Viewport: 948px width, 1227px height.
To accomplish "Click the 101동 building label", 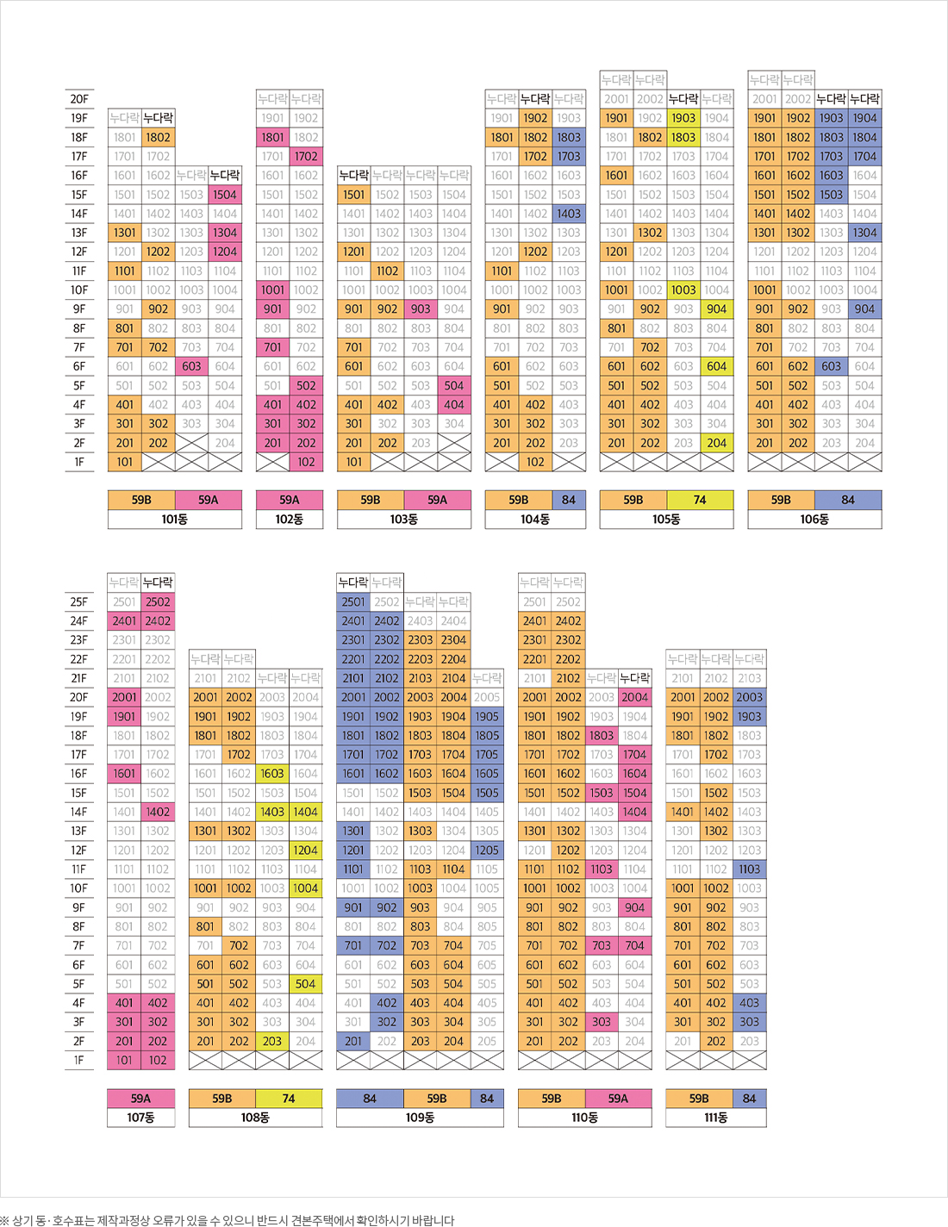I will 174,520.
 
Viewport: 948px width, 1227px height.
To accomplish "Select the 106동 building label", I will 814,520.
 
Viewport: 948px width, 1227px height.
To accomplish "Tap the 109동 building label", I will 420,1118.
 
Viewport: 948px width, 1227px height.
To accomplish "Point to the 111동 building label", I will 715,1118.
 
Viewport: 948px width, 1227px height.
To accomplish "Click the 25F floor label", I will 78,602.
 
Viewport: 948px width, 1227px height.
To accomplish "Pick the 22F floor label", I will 78,659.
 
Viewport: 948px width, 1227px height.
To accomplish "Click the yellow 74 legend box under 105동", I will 700,500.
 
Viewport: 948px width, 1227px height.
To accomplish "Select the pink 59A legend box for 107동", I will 140,1099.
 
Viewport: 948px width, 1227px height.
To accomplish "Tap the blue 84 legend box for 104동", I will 569,500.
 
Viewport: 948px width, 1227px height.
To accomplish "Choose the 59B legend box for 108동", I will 222,1099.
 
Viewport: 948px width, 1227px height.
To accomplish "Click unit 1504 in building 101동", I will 225,195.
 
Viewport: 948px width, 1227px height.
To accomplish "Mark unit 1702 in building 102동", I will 306,157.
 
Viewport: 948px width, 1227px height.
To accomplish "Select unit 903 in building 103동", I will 421,309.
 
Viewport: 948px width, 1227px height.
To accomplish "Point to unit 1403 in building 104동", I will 569,214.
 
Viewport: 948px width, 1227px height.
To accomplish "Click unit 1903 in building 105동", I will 683,118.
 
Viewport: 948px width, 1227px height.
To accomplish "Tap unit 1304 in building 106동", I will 864,233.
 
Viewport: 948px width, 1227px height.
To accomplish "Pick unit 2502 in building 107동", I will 158,602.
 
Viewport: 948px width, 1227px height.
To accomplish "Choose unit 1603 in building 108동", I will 272,774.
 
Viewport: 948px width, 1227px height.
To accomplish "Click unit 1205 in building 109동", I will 487,850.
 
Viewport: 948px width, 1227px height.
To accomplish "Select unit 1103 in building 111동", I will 750,869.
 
